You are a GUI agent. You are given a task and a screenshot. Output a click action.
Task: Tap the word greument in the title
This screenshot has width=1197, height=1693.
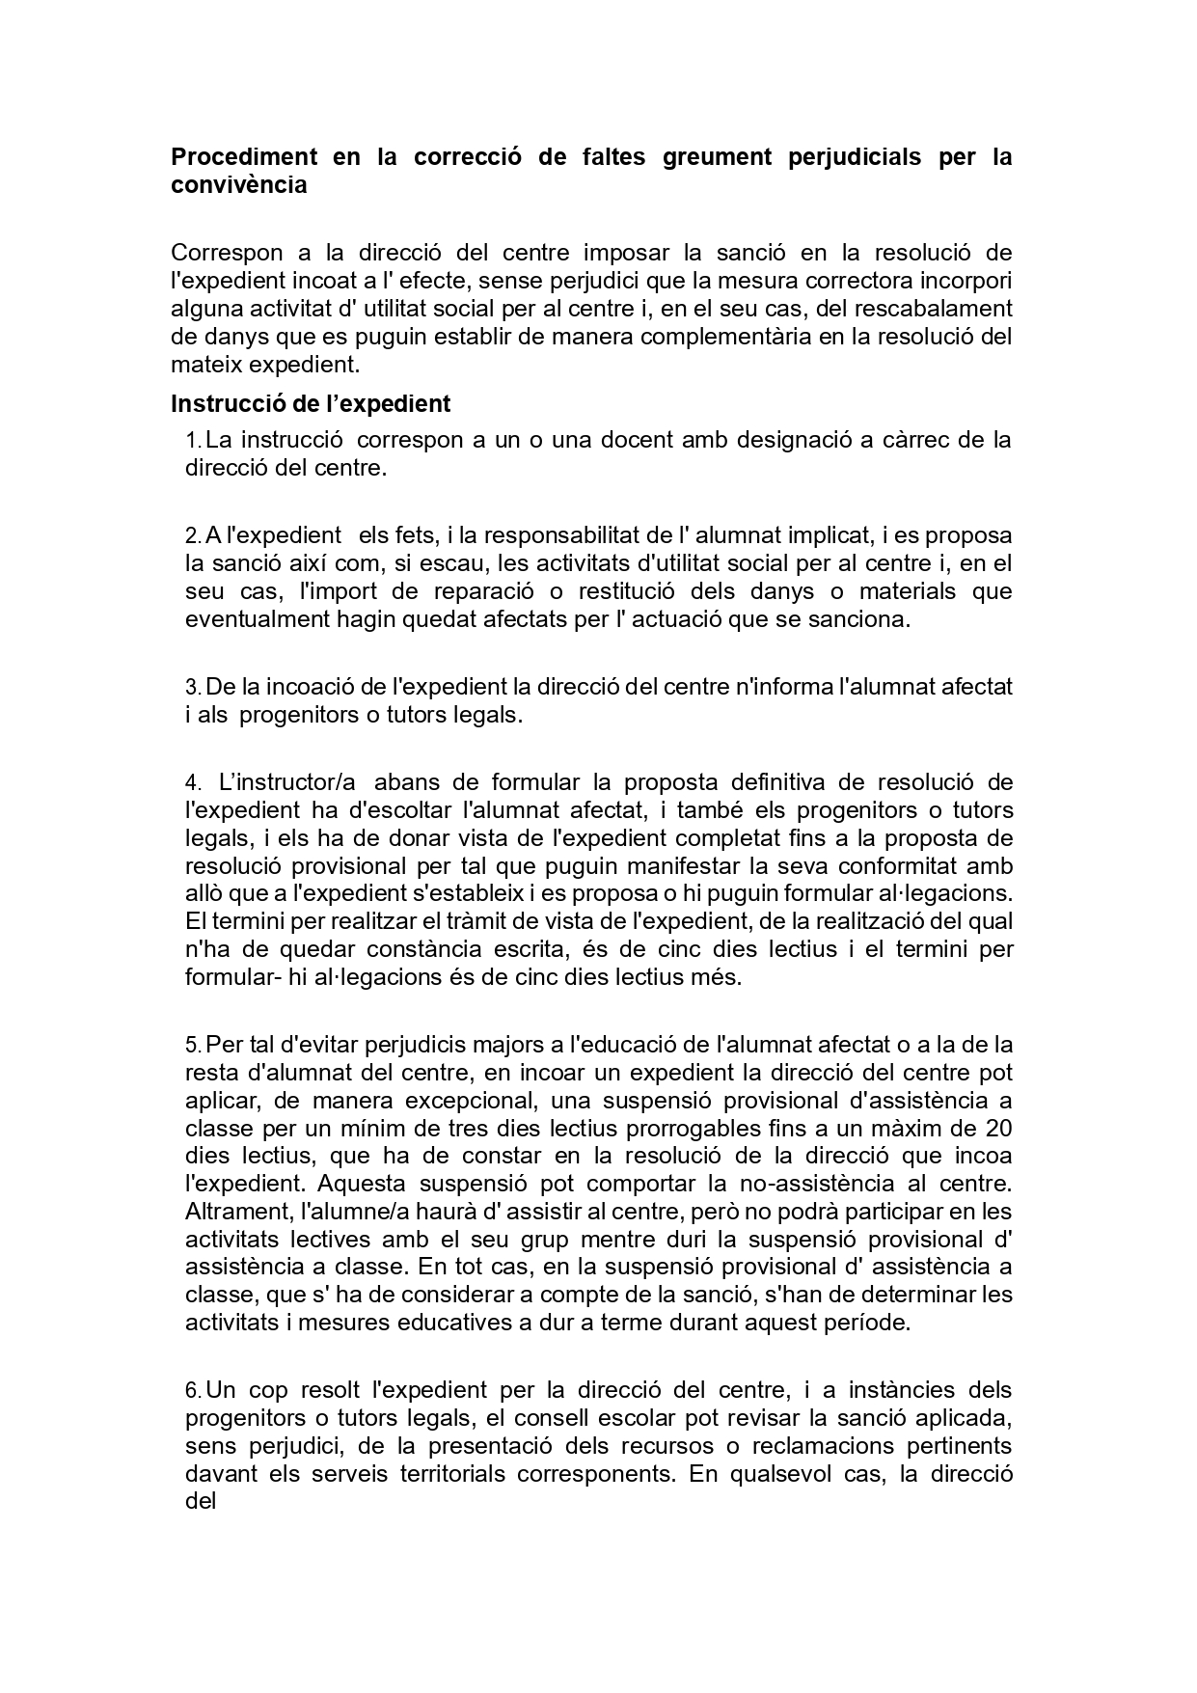tap(717, 156)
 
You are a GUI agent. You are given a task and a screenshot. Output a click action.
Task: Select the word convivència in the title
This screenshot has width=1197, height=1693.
tap(238, 184)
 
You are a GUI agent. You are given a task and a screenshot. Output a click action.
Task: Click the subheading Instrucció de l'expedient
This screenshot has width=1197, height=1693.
tap(311, 403)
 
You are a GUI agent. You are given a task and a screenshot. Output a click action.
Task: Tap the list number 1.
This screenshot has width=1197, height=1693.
tap(192, 441)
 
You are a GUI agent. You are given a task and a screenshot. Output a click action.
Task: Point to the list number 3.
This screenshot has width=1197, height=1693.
tap(192, 688)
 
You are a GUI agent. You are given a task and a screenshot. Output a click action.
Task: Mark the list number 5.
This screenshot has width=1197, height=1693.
tap(192, 1045)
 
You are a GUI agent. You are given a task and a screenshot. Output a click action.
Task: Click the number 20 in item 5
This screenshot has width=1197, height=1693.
tap(999, 1128)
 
